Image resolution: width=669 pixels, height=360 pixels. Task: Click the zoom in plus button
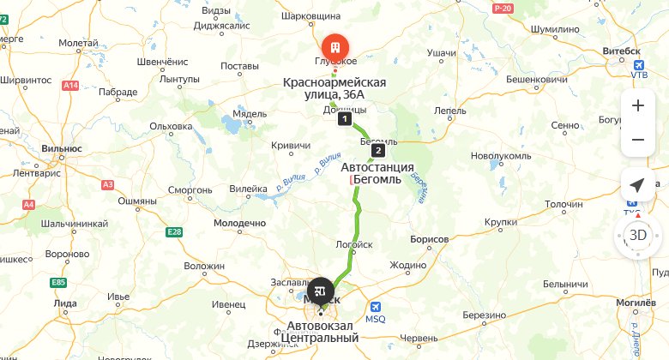(x=637, y=105)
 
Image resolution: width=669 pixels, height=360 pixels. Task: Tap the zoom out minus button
(x=637, y=139)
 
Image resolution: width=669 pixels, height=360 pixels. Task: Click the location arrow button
(x=637, y=185)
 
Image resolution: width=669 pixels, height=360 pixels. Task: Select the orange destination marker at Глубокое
(x=334, y=45)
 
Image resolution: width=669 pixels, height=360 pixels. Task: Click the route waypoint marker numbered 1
(x=344, y=119)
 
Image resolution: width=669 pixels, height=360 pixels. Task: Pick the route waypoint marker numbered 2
(x=378, y=150)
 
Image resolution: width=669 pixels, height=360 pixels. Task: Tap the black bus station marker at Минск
(x=321, y=290)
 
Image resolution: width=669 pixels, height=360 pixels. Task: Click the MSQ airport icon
(x=376, y=307)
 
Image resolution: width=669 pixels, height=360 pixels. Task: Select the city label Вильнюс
(x=61, y=148)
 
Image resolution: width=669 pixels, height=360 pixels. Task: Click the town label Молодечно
(x=239, y=223)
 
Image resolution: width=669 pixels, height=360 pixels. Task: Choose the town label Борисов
(x=431, y=238)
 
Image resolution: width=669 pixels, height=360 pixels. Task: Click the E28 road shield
(x=175, y=232)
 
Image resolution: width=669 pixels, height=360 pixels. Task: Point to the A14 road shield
(x=71, y=85)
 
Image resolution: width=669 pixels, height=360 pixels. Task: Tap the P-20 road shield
(x=503, y=8)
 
